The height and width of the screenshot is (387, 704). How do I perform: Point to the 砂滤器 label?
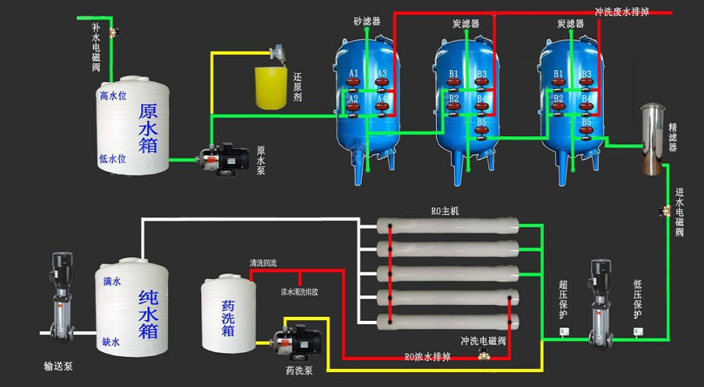[367, 21]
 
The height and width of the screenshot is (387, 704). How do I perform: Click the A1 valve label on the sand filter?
[354, 74]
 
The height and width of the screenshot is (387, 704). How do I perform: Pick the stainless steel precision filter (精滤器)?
[651, 139]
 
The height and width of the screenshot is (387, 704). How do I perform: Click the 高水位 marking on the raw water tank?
[113, 96]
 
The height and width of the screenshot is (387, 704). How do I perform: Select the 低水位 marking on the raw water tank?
[113, 158]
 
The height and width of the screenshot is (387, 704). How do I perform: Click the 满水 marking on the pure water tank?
[111, 280]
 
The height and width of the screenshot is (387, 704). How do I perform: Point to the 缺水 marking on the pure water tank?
[111, 342]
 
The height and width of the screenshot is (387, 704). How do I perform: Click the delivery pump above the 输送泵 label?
[60, 300]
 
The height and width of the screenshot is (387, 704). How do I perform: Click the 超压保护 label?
[563, 300]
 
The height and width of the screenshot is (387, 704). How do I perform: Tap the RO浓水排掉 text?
[428, 357]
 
